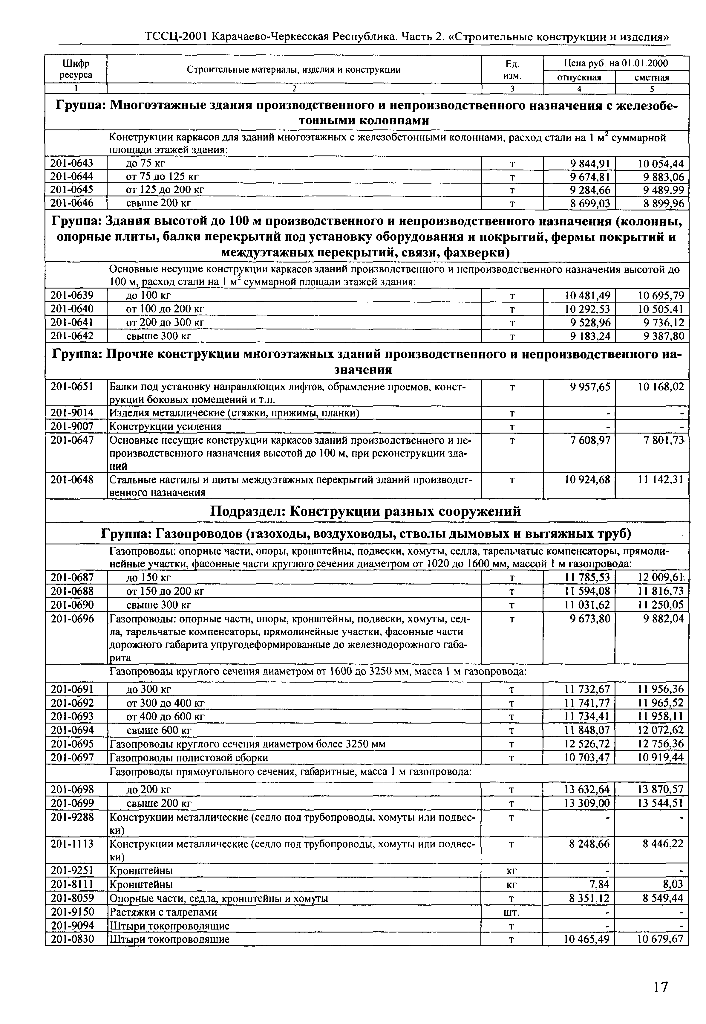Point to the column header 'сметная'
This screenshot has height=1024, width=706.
pos(652,77)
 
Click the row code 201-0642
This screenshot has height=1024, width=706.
pos(72,336)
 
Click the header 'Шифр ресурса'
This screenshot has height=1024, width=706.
pos(76,69)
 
